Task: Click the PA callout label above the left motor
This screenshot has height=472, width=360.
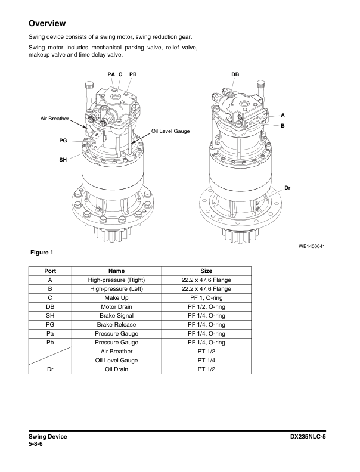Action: (111, 74)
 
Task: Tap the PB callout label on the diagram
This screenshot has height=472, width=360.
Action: (133, 74)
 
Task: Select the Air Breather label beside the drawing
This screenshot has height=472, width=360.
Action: (55, 119)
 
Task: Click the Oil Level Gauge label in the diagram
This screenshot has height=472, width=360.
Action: (170, 130)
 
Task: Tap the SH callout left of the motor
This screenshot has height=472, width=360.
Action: (63, 160)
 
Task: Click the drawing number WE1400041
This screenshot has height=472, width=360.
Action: (316, 246)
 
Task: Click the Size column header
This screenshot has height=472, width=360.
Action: (206, 271)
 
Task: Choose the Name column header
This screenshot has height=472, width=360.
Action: (117, 271)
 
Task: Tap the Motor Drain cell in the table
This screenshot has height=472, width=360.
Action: (117, 306)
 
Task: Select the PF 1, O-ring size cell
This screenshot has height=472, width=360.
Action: (206, 297)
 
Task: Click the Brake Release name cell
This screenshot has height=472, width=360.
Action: (117, 324)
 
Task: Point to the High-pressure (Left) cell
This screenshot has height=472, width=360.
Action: (117, 288)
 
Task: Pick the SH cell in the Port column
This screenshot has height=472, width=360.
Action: (50, 315)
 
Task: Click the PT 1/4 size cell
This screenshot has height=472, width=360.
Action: (206, 360)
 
